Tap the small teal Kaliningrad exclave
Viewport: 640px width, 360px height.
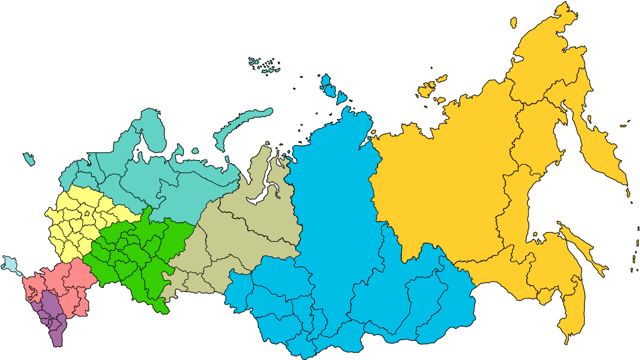click(29, 159)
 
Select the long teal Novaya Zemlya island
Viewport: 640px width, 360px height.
click(238, 125)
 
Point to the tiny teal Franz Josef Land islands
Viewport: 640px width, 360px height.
click(265, 64)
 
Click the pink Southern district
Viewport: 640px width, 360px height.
click(65, 280)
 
